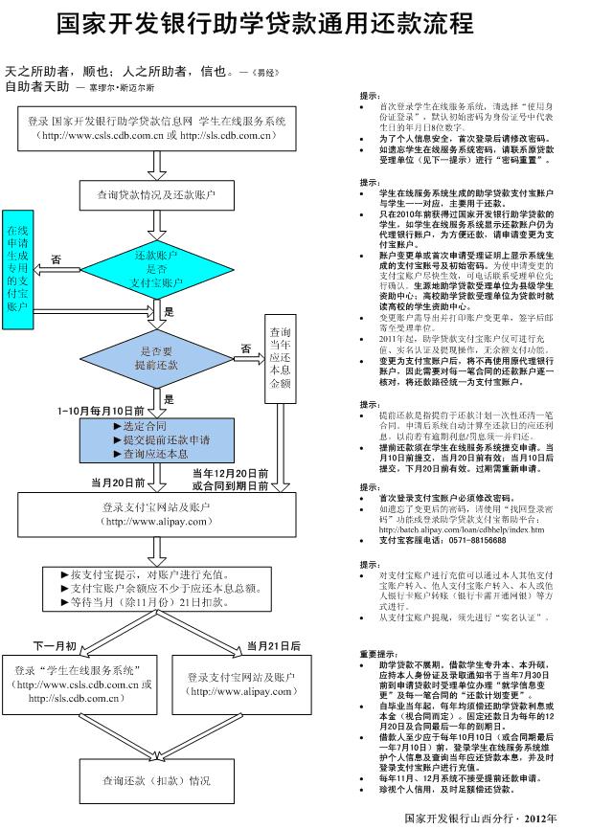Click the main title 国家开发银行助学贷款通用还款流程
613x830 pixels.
click(264, 23)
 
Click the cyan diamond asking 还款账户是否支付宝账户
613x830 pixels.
click(157, 271)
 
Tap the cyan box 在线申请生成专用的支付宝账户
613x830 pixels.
click(18, 268)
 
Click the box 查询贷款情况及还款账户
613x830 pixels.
click(157, 194)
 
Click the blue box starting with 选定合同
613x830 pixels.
click(157, 439)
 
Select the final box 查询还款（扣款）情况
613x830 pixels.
click(157, 780)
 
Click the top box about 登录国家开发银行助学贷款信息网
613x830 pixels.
click(157, 128)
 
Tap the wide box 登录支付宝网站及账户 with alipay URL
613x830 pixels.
click(157, 514)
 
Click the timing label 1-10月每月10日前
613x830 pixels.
click(101, 411)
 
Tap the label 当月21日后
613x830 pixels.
click(273, 645)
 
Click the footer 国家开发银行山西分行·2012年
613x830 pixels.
click(480, 819)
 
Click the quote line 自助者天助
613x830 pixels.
click(37, 86)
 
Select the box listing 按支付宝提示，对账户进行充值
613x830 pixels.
click(157, 590)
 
